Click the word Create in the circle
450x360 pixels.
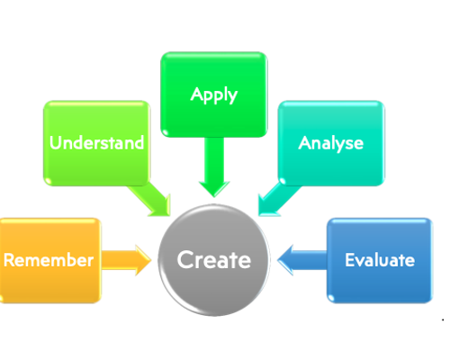point(213,260)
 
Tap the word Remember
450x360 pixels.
point(49,260)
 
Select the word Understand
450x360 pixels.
point(96,143)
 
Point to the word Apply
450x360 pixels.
point(213,94)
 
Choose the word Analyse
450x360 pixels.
point(330,143)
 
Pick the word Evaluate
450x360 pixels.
point(380,260)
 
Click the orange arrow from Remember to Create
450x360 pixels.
point(126,260)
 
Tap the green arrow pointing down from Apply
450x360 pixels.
point(214,166)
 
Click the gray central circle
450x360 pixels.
point(213,283)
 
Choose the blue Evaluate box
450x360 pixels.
point(378,283)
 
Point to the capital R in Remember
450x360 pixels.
point(9,260)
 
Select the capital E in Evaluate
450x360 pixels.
point(350,260)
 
